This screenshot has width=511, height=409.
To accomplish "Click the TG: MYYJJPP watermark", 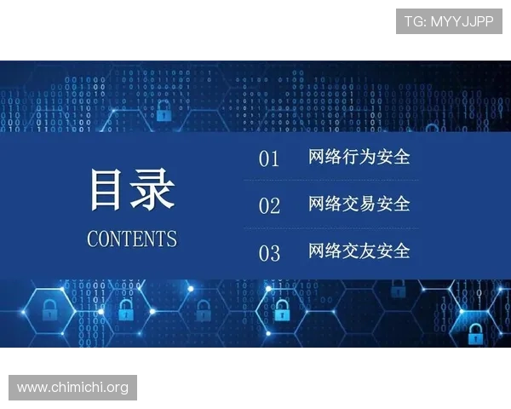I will click(x=449, y=20).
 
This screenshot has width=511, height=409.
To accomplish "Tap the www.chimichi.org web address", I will click(x=73, y=388).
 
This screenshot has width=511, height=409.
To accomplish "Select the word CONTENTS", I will click(x=132, y=239).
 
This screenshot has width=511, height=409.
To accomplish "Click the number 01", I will click(x=269, y=159).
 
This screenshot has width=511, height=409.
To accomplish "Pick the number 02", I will click(x=269, y=206).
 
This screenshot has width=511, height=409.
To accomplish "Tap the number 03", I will click(x=269, y=253).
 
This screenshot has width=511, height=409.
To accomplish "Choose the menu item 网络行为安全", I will click(x=359, y=157).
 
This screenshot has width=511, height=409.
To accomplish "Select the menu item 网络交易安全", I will click(x=359, y=204).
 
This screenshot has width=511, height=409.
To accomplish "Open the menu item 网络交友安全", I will click(x=359, y=251).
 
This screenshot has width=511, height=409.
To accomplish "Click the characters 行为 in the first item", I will click(x=359, y=157).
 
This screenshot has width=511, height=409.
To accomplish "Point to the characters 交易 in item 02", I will click(x=359, y=204).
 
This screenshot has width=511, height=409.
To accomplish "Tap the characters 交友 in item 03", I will click(x=359, y=251).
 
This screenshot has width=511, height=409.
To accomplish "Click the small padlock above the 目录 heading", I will click(x=163, y=111).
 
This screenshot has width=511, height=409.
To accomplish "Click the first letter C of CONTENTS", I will click(x=93, y=239).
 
